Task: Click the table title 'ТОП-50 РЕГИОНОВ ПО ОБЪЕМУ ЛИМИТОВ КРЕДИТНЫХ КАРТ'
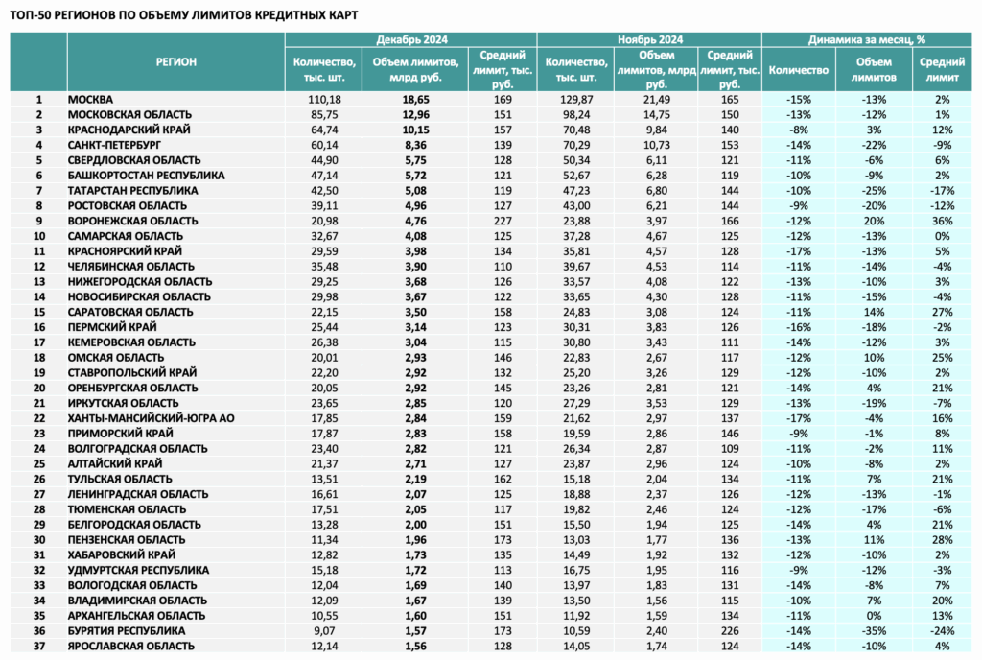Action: [x=184, y=15]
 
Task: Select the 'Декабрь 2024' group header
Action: [x=411, y=39]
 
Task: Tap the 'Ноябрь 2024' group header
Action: [x=649, y=39]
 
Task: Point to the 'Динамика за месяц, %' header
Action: [x=866, y=39]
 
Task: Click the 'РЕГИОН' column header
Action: [x=176, y=62]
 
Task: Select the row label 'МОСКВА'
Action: [x=90, y=100]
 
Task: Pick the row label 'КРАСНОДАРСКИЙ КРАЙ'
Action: [x=129, y=130]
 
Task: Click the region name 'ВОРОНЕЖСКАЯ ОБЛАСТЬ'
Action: [x=132, y=221]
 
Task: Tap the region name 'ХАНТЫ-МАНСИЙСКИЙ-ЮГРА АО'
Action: [x=151, y=418]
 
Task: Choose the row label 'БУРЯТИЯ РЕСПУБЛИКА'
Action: [x=127, y=631]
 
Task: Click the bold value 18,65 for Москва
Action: [x=415, y=100]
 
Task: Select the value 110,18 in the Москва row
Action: [x=324, y=100]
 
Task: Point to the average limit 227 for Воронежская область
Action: [x=503, y=221]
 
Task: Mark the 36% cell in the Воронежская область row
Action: [x=942, y=221]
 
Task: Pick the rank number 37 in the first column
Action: [x=38, y=647]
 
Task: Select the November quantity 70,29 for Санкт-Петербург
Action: [x=575, y=145]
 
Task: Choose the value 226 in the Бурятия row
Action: [x=730, y=631]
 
